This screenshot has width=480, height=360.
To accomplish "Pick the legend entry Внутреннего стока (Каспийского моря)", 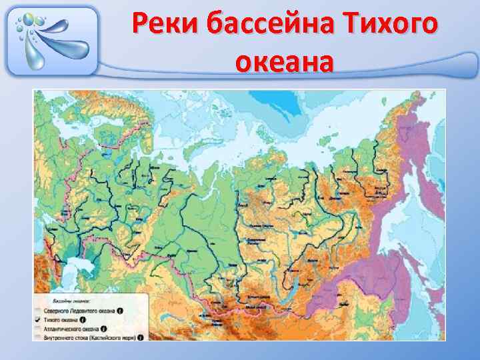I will (x=91, y=338).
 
